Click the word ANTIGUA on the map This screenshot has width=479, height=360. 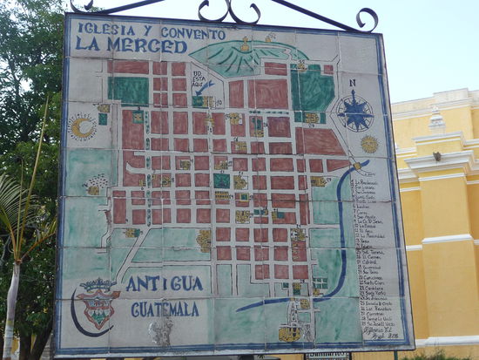[165, 283]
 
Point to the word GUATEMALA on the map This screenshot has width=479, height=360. [166, 309]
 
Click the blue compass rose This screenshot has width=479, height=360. [354, 112]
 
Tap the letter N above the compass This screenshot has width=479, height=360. [352, 84]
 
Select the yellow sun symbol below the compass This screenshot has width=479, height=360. [370, 144]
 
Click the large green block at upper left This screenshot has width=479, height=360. [128, 90]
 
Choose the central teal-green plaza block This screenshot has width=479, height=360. [222, 180]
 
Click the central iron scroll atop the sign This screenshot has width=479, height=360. [229, 11]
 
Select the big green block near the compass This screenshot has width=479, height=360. [314, 89]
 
